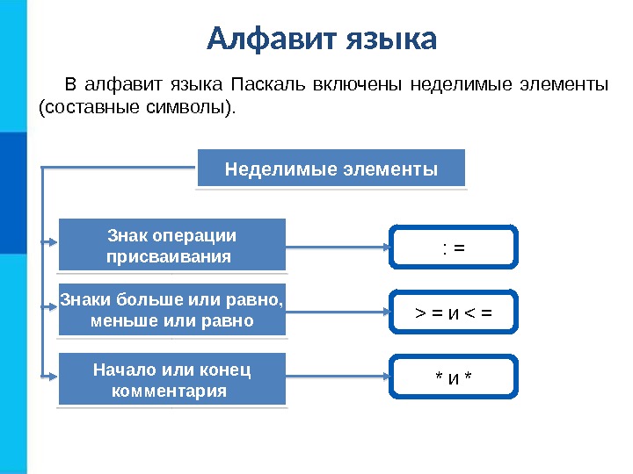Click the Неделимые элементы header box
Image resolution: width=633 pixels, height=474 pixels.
(x=331, y=169)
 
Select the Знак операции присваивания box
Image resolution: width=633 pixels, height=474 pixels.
(x=172, y=245)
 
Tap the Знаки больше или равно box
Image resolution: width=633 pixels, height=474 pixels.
(x=172, y=310)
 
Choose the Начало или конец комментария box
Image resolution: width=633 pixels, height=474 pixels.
(x=172, y=379)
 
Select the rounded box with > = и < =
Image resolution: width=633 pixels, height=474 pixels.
(x=454, y=312)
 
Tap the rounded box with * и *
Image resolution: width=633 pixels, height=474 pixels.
(x=454, y=378)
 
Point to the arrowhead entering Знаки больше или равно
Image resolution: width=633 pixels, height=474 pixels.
(x=53, y=306)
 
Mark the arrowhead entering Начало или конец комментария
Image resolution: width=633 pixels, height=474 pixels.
(x=53, y=375)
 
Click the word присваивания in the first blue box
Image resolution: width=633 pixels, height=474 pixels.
(x=168, y=256)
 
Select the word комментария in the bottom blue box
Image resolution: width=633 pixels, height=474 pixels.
(x=169, y=390)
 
